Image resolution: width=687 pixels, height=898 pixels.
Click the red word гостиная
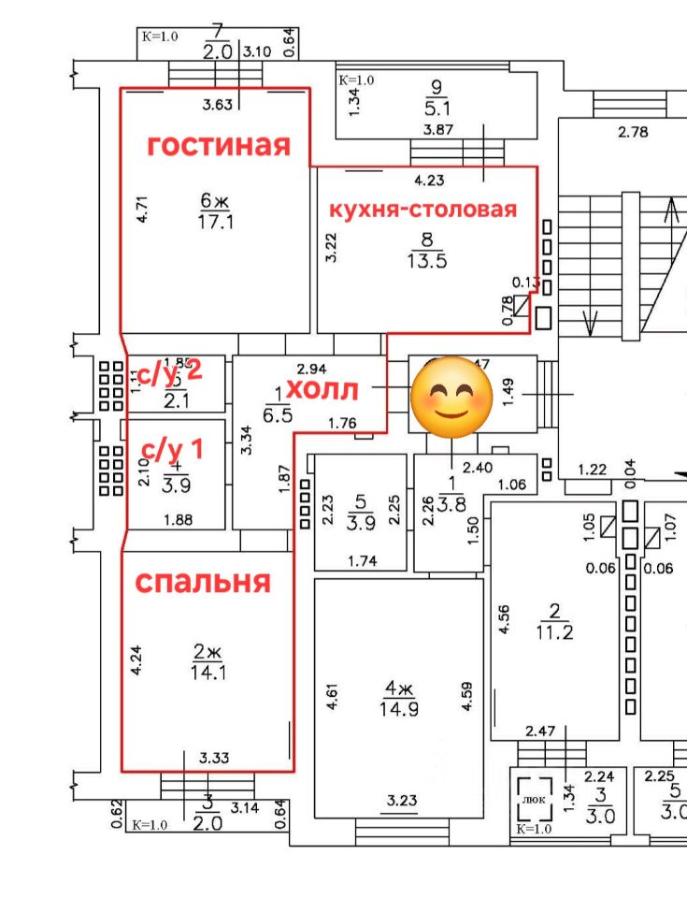click(x=219, y=145)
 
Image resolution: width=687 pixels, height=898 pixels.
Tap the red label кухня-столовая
click(x=421, y=209)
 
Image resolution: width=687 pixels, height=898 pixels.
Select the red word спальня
click(x=203, y=582)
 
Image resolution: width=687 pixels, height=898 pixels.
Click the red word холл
click(x=324, y=387)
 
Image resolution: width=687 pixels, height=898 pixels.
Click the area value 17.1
click(x=215, y=222)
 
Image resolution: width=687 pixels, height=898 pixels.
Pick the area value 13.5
click(x=426, y=261)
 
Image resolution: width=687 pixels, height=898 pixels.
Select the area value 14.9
click(x=400, y=708)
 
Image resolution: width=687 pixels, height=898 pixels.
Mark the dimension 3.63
click(x=217, y=105)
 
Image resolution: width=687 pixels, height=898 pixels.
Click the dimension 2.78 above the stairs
click(x=633, y=132)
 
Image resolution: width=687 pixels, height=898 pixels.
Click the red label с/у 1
click(x=173, y=449)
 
